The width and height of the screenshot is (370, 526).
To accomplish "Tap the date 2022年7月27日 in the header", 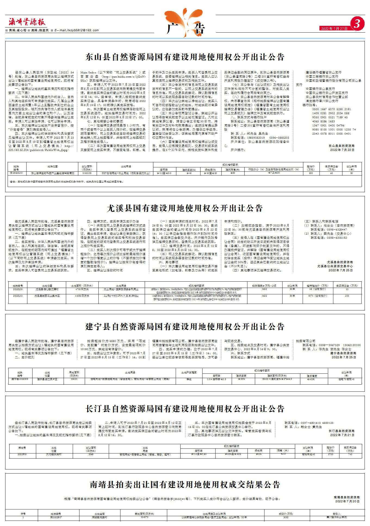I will pos(334,29).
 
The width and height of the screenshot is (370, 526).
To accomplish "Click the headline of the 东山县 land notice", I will pos(185,57).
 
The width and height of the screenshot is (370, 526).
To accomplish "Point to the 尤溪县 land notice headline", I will pos(185,208).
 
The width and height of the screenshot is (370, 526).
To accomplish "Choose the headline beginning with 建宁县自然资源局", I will pos(185,326).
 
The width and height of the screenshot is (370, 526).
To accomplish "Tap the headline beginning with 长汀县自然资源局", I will pos(185,409).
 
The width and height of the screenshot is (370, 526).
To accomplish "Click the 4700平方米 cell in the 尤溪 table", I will pos(82,290).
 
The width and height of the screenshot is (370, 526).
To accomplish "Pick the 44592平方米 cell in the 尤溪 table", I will pos(82,295).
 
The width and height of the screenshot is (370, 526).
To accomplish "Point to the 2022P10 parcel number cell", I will pos(22,454).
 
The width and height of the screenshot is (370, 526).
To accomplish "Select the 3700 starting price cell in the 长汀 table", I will pos(330,454).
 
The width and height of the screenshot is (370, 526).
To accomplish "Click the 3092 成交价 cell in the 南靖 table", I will pos(286,517).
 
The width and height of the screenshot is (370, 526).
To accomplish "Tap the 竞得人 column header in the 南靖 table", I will pos(337,514).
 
